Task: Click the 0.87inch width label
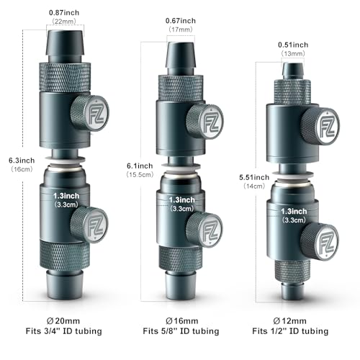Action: click(65, 12)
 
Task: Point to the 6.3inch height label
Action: click(17, 161)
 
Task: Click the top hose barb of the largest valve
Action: click(65, 42)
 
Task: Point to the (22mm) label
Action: click(65, 22)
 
